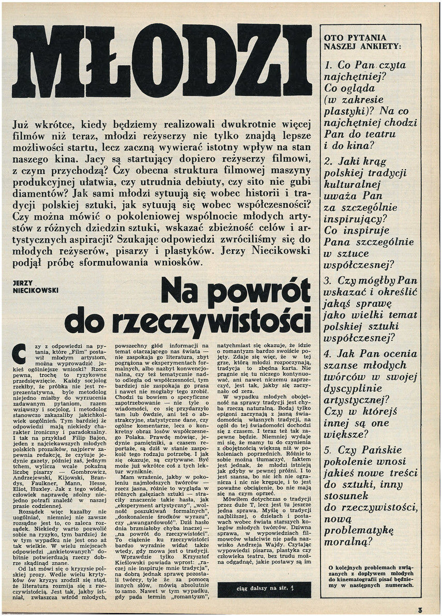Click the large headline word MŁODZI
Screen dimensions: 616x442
(161, 61)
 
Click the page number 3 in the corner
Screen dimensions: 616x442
(434, 609)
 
